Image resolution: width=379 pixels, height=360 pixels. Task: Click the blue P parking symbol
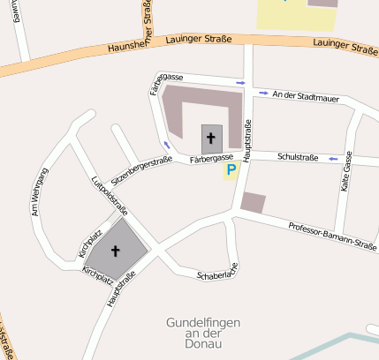tap(231, 169)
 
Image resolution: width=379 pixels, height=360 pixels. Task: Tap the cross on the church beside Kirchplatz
tap(115, 251)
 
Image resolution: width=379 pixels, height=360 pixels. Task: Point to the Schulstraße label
tap(297, 156)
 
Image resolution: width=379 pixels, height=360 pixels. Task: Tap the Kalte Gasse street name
tap(347, 172)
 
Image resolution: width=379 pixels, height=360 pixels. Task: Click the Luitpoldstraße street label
tap(110, 196)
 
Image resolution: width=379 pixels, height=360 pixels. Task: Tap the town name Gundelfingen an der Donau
tap(202, 334)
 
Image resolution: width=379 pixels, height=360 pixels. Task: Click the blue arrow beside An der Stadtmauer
tap(262, 94)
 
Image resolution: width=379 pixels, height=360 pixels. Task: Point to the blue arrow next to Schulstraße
tap(334, 159)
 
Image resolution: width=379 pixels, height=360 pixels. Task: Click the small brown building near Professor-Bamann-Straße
tap(254, 202)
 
